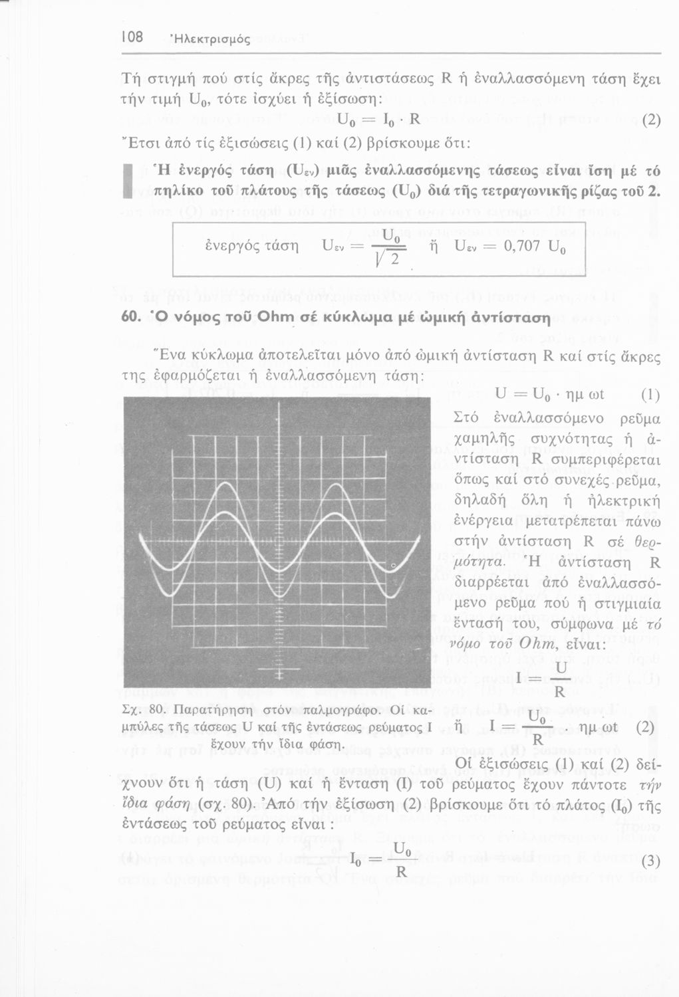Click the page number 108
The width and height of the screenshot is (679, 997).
pyautogui.click(x=132, y=38)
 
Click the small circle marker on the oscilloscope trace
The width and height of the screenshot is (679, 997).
pyautogui.click(x=392, y=566)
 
